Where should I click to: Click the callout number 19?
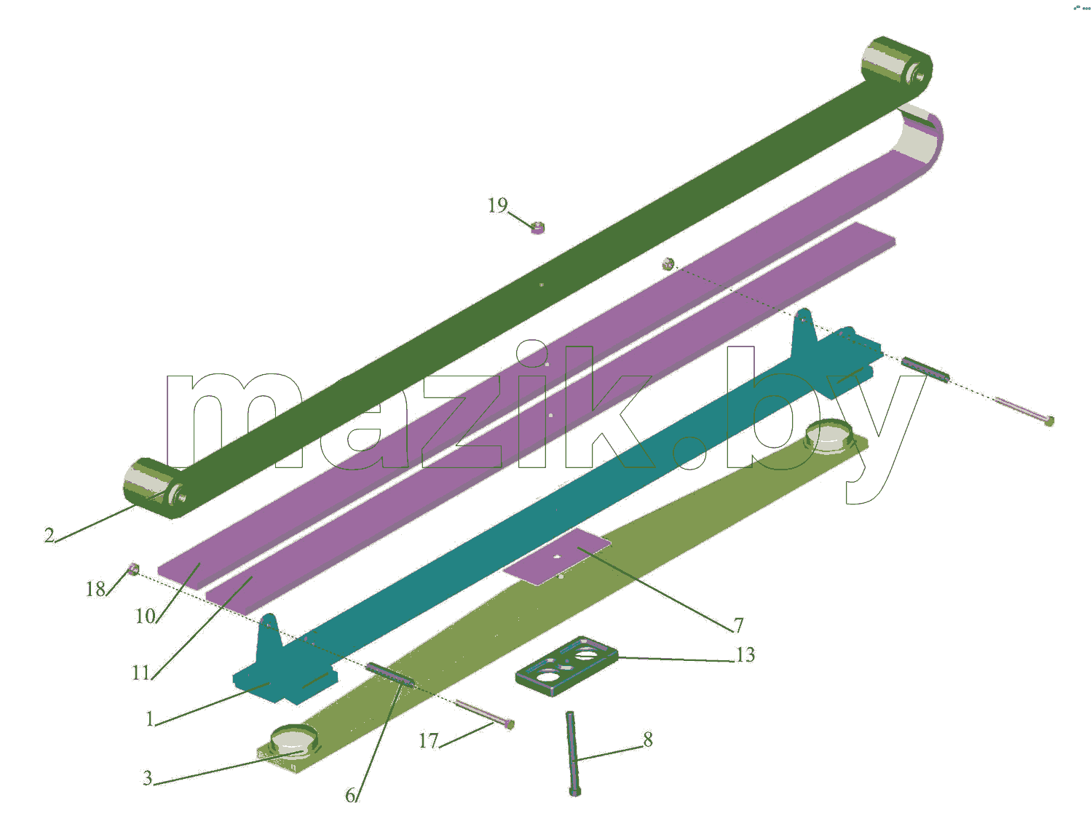pyautogui.click(x=497, y=205)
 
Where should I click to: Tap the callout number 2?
pyautogui.click(x=49, y=535)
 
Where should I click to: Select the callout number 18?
pyautogui.click(x=95, y=590)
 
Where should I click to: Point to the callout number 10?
pyautogui.click(x=146, y=616)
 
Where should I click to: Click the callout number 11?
pyautogui.click(x=141, y=673)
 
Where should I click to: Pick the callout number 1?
pyautogui.click(x=149, y=718)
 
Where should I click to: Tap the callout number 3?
pyautogui.click(x=147, y=777)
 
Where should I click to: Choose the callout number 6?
pyautogui.click(x=350, y=795)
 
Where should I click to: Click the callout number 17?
pyautogui.click(x=428, y=741)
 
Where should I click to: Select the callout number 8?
pyautogui.click(x=647, y=739)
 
